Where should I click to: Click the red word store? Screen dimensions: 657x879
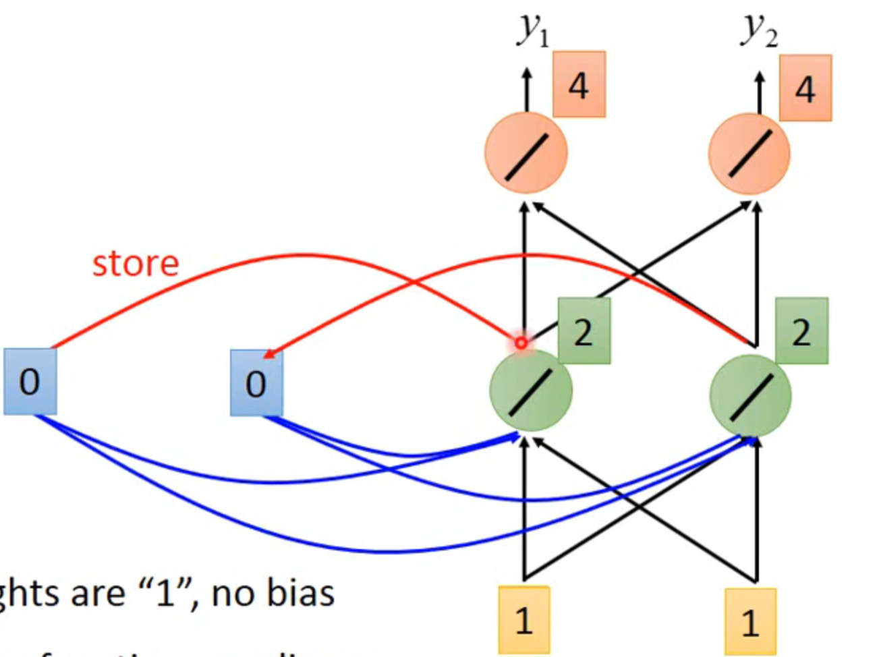coord(136,263)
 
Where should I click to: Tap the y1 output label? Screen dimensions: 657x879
coord(533,30)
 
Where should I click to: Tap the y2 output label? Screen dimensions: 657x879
coord(760,30)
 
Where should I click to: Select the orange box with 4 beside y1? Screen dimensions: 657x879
coord(579,84)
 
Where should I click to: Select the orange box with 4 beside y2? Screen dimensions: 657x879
coord(805,88)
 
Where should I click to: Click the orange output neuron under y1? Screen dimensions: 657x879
coord(526,153)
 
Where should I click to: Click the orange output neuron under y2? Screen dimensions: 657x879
coord(749,153)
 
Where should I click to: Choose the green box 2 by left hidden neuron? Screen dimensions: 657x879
coord(584,331)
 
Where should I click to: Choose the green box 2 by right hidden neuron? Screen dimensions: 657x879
coord(801,331)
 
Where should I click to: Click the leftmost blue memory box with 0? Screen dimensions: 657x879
coord(30,382)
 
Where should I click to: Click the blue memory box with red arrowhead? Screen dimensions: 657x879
coord(256,383)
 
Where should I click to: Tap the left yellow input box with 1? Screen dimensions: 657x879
coord(524,620)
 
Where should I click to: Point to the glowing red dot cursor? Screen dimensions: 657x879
coord(521,343)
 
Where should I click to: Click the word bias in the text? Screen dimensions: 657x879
coord(301,594)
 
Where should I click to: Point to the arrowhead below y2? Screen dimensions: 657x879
coord(760,76)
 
